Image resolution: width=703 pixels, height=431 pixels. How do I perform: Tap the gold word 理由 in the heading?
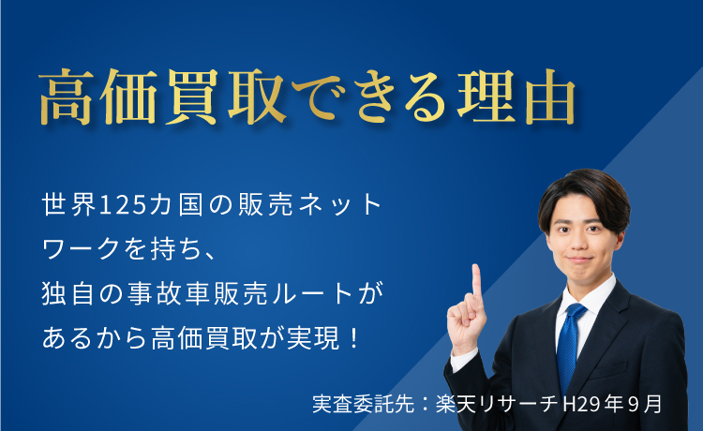(516, 97)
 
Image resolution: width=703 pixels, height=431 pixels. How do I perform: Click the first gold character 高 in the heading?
(66, 97)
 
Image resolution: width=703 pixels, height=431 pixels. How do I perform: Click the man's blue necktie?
(569, 344)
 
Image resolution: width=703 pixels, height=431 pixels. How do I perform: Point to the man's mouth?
(579, 260)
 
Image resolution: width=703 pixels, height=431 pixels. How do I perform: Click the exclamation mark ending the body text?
(353, 338)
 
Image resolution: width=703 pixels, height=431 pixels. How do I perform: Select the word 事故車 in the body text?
(169, 293)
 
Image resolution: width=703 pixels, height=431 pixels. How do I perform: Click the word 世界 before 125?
(68, 205)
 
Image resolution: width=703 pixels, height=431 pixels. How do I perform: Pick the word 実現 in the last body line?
(313, 338)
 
